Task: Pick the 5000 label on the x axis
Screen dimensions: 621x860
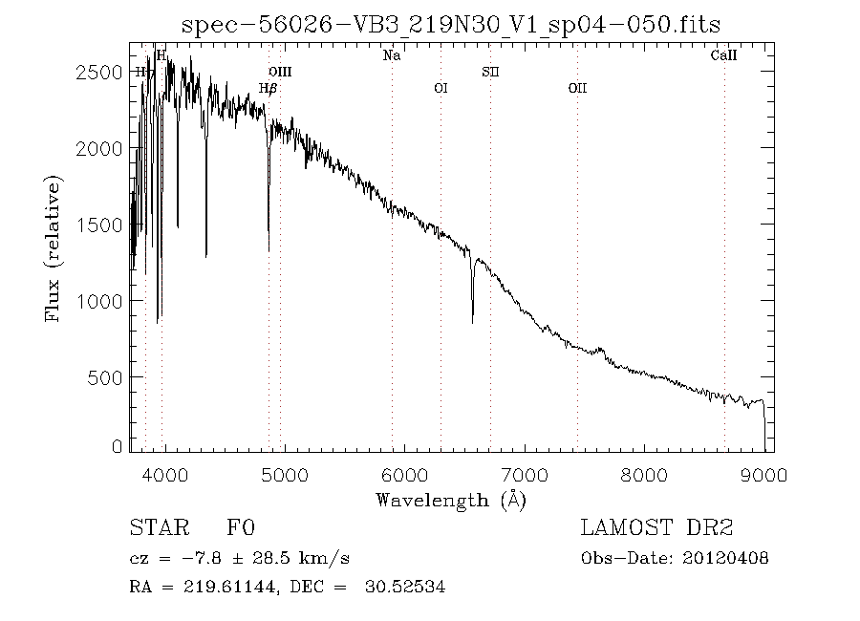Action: tap(285, 473)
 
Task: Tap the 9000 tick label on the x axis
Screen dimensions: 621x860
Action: tap(764, 473)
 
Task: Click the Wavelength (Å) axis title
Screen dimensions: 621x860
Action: tap(450, 499)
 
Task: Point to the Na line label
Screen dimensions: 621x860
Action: tap(392, 55)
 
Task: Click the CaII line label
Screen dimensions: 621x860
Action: tap(724, 55)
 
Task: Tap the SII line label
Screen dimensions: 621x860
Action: tap(490, 72)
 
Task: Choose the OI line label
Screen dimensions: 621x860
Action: tap(441, 88)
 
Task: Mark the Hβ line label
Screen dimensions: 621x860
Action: tap(269, 88)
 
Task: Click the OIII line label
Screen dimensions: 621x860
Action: tap(280, 72)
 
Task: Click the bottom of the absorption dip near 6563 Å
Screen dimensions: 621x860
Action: tap(472, 323)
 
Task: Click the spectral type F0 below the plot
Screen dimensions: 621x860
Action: tap(241, 528)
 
